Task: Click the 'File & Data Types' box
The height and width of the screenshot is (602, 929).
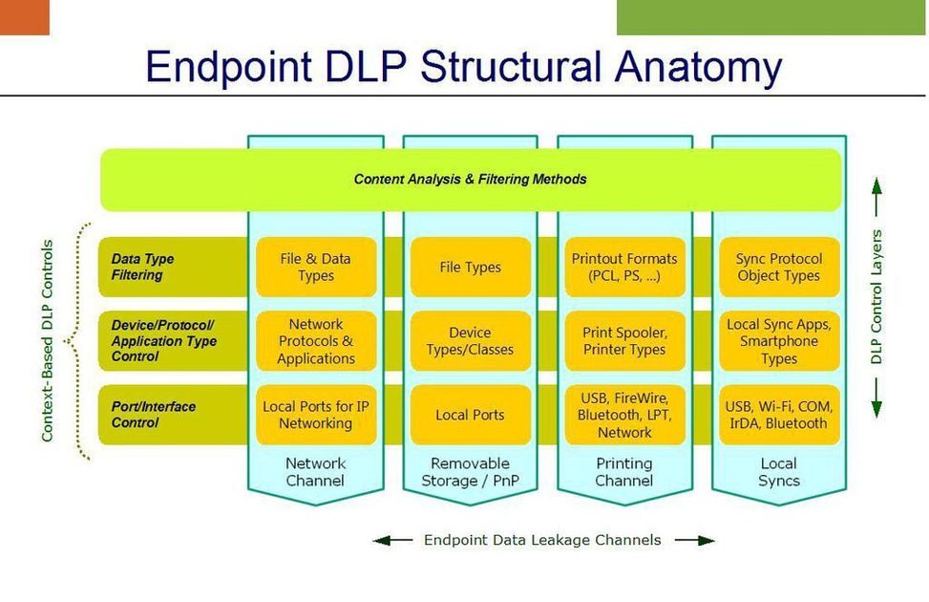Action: [316, 267]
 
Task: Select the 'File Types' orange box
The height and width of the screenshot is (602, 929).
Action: [471, 267]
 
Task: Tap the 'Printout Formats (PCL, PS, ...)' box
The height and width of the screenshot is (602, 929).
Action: [624, 267]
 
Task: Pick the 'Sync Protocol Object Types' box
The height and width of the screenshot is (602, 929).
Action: [779, 267]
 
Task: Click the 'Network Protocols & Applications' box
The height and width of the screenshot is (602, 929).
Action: [316, 341]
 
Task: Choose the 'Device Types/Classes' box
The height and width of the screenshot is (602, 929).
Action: [471, 341]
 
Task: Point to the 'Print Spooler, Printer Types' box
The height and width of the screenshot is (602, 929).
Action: [624, 341]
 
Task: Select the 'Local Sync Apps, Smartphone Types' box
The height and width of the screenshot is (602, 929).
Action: [779, 341]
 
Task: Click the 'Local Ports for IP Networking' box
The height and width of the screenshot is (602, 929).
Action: [316, 415]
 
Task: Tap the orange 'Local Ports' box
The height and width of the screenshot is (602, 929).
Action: [471, 415]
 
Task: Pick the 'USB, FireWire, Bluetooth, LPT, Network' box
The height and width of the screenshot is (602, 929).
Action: [624, 415]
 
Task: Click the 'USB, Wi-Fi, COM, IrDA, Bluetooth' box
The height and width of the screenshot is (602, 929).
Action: [779, 415]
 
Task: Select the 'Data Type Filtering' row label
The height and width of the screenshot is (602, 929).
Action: [142, 267]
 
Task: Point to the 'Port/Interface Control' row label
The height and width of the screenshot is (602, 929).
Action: [153, 415]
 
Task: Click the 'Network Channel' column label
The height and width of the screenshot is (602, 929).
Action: [315, 472]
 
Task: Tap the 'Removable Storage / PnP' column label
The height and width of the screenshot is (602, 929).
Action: [471, 472]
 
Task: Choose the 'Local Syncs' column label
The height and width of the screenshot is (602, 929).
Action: [778, 472]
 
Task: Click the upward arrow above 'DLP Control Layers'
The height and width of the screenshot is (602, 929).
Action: [876, 197]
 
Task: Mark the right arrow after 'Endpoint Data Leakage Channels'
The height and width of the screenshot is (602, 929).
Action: [695, 540]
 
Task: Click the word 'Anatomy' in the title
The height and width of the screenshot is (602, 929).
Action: [699, 67]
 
